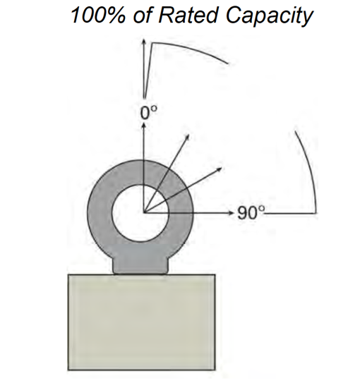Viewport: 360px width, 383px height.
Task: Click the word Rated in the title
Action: (188, 16)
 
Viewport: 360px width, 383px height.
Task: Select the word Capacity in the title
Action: (269, 17)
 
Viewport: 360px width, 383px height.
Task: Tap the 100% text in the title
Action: (98, 16)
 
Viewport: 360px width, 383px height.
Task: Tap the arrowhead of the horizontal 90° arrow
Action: (231, 213)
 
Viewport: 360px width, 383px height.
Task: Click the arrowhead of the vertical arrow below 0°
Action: (144, 125)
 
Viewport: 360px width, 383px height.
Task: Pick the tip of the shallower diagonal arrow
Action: (221, 168)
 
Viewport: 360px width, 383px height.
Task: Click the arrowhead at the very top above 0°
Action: (144, 40)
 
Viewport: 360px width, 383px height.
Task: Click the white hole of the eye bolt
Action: (140, 213)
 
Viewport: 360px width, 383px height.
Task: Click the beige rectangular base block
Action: (141, 322)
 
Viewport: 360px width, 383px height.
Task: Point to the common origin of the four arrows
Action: (144, 213)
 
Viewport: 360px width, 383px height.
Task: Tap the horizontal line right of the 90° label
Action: (291, 214)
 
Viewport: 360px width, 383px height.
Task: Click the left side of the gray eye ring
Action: (100, 213)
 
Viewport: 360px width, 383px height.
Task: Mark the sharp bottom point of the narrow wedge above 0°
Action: (145, 98)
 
